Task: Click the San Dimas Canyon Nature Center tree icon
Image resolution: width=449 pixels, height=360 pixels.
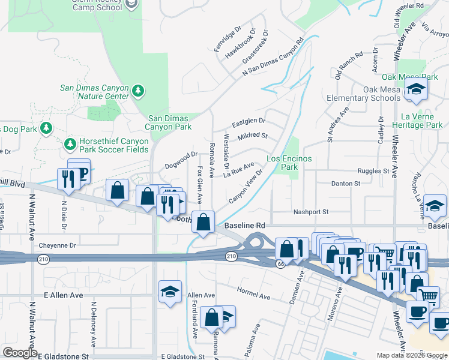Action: [x=139, y=90]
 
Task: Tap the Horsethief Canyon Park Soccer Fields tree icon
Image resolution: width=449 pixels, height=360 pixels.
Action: [x=70, y=144]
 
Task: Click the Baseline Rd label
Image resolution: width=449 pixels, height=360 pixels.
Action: [x=245, y=226]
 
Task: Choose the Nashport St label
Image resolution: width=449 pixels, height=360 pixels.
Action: [x=311, y=212]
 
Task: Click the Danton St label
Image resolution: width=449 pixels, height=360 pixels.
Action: [x=345, y=183]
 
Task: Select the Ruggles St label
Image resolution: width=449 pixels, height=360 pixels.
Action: [x=373, y=171]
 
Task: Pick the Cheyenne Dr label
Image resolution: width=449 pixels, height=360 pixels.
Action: [x=58, y=245]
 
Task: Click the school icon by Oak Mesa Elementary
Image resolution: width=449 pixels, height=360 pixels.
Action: [x=415, y=89]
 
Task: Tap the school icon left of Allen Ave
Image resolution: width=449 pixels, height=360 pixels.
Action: [x=170, y=292]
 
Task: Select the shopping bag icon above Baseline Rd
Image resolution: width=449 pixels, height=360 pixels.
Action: [x=204, y=221]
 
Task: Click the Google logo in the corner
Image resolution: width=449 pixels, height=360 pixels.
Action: [x=20, y=353]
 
